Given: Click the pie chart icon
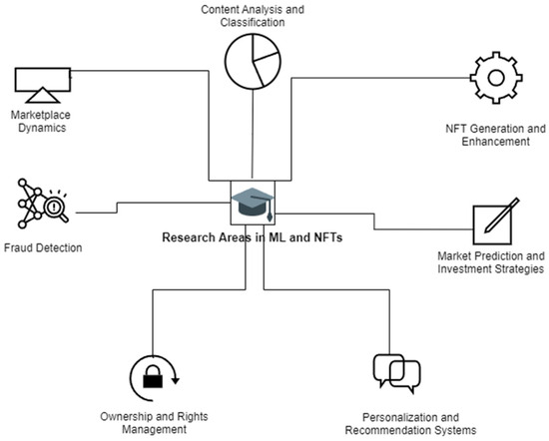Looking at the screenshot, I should pos(252,62).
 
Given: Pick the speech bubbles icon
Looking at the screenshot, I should pos(395,372).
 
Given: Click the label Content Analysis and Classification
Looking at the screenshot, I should pos(252,16).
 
